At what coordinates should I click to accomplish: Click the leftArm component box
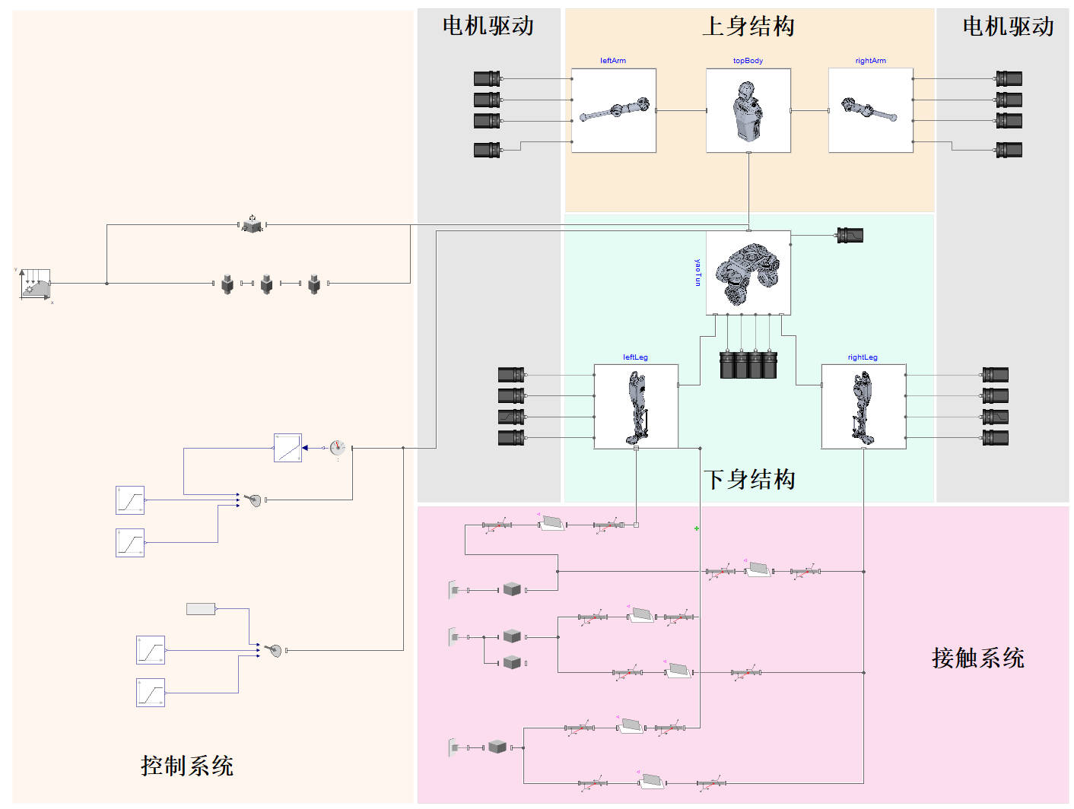(613, 110)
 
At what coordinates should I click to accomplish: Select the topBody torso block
(748, 110)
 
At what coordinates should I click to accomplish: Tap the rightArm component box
(870, 110)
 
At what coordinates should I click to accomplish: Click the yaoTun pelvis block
(748, 272)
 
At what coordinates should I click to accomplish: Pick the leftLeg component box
(635, 406)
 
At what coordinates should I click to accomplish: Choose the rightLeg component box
(863, 406)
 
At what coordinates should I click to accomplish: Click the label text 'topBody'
(748, 61)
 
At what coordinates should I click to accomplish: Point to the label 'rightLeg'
(863, 357)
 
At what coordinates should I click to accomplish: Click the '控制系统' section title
(187, 766)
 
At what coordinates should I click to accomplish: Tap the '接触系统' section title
(978, 658)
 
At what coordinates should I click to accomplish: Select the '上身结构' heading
(748, 27)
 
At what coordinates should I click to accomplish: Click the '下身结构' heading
(749, 479)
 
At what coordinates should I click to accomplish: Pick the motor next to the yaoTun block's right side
(850, 235)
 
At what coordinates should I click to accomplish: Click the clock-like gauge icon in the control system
(338, 448)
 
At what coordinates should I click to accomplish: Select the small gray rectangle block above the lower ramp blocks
(201, 608)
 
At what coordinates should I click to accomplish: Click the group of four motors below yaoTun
(748, 364)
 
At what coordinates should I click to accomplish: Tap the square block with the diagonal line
(288, 448)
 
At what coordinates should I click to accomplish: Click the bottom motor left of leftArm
(487, 150)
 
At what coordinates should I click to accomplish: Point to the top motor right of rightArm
(1009, 78)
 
